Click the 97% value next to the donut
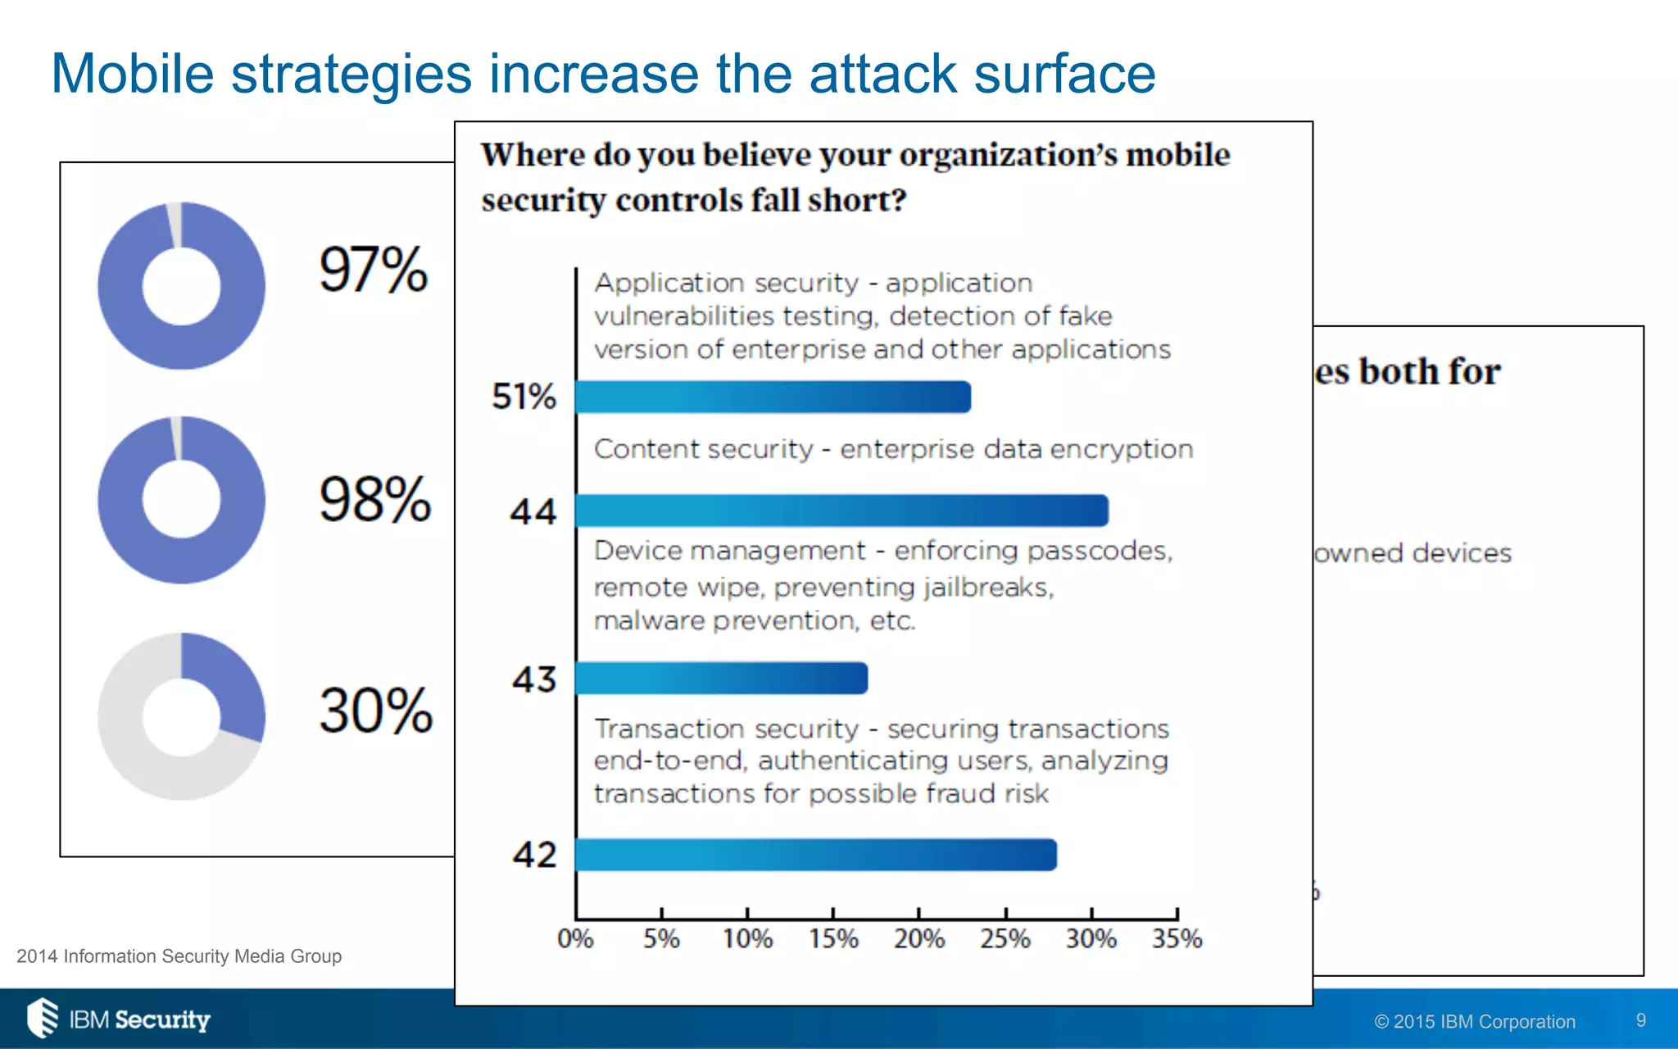tap(373, 270)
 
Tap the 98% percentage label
tap(374, 499)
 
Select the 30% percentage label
tap(375, 711)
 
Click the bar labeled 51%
tap(772, 397)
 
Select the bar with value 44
tap(841, 511)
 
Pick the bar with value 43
tap(721, 679)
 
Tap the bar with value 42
tap(815, 855)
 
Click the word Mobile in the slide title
tap(133, 74)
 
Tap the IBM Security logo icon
tap(43, 1018)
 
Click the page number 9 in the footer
tap(1640, 1019)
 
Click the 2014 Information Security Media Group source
tap(179, 956)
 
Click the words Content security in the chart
tap(703, 449)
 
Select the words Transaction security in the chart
tap(726, 729)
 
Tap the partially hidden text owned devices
tap(1413, 553)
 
